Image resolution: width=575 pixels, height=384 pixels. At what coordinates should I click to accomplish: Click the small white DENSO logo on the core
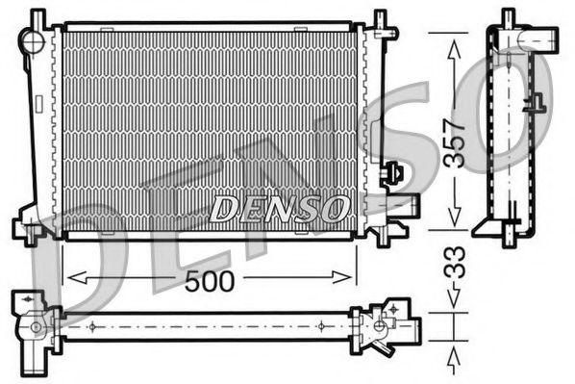280,207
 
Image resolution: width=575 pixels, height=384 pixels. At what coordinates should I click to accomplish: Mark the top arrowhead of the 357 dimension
450,38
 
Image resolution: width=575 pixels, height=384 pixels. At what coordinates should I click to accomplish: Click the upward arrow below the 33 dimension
450,361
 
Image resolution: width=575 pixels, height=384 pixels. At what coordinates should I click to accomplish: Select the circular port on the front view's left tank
35,42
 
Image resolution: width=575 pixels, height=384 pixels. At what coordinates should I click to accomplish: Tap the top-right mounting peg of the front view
380,19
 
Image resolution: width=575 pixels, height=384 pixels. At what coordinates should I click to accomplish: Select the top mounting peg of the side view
508,17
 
